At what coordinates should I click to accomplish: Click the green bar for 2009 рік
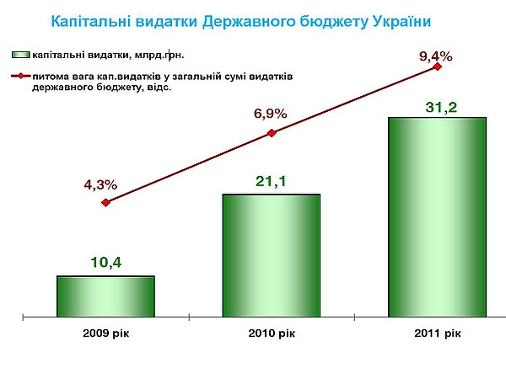[105, 296]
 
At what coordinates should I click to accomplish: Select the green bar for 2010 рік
[271, 255]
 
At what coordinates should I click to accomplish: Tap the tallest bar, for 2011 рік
[436, 217]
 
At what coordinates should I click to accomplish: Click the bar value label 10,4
[106, 263]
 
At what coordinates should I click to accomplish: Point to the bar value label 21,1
[272, 181]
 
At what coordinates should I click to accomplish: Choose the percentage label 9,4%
[436, 57]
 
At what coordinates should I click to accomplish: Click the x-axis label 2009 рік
[106, 333]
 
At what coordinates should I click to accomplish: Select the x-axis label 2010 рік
[272, 333]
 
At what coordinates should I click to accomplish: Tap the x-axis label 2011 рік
[437, 333]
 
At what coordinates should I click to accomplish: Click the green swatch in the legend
[21, 55]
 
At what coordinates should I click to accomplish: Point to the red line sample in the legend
[21, 77]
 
